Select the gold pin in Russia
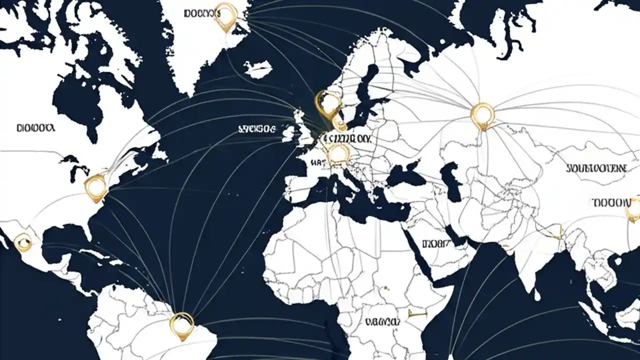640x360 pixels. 482,115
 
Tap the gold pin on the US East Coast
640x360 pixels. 95,187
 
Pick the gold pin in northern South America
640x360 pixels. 181,324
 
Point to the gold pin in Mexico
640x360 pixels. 22,243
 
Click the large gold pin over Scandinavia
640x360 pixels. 328,104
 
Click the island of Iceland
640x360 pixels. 258,68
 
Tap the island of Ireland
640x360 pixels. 288,133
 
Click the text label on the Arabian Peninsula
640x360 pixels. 435,244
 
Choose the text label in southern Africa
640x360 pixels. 382,322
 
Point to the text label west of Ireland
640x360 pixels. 256,129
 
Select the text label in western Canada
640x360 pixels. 35,128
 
